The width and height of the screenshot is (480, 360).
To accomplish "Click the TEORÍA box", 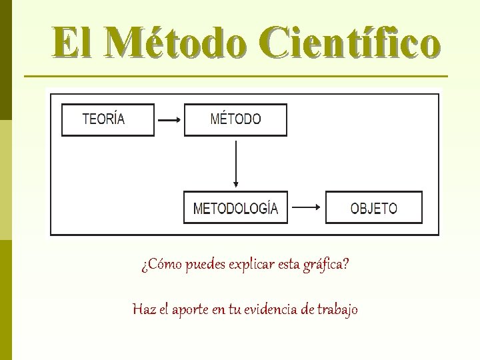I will pyautogui.click(x=107, y=120).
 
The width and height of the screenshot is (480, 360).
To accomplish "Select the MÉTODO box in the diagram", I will pyautogui.click(x=235, y=120).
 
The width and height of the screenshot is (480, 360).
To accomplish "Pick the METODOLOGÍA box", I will pyautogui.click(x=235, y=207).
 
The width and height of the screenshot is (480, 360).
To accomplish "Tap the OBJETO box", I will pyautogui.click(x=373, y=207).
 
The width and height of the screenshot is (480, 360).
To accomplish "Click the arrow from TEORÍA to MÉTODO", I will pyautogui.click(x=169, y=120).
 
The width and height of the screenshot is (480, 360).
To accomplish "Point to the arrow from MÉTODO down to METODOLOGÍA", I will pyautogui.click(x=235, y=163).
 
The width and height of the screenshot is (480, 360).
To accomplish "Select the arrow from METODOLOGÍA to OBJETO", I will pyautogui.click(x=307, y=207).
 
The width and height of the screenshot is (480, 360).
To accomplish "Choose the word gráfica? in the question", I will pyautogui.click(x=327, y=265).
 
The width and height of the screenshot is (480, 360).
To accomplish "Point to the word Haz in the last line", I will pyautogui.click(x=143, y=309).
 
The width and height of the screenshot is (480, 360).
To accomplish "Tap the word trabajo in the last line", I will pyautogui.click(x=337, y=309).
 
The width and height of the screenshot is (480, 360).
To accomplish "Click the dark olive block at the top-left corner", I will pyautogui.click(x=5, y=60).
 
